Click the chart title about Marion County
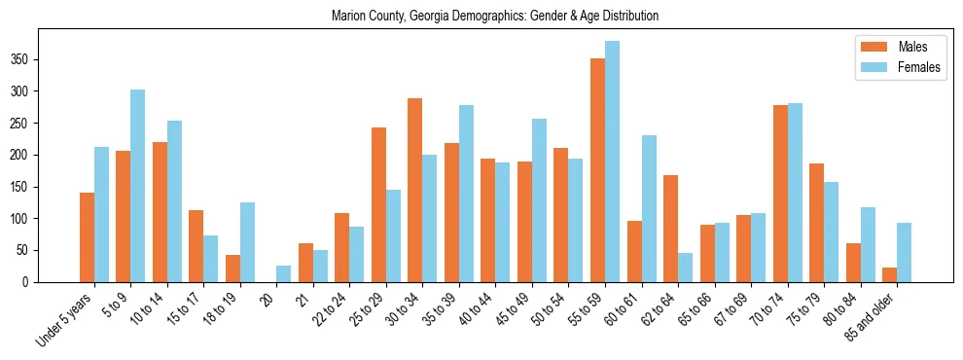tap(495, 16)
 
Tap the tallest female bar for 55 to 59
tap(612, 162)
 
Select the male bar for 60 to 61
tap(634, 252)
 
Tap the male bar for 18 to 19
tap(232, 269)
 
